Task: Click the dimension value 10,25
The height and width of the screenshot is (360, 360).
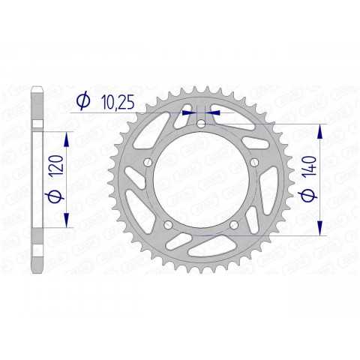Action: [x=115, y=101]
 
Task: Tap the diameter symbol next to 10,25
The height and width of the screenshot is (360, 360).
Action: [x=83, y=101]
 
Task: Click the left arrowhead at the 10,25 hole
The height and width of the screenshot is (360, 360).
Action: [x=190, y=110]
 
